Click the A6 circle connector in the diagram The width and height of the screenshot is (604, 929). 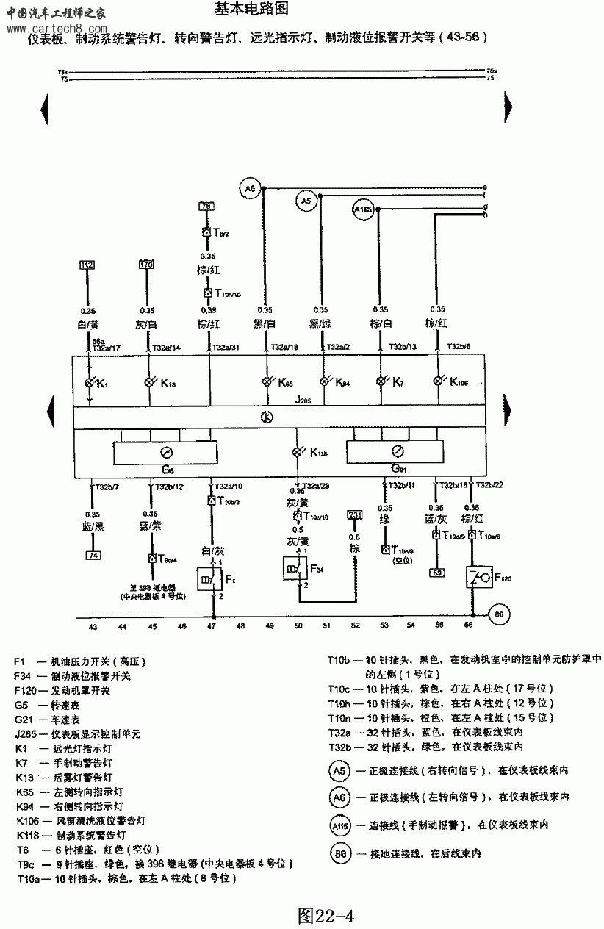click(x=250, y=189)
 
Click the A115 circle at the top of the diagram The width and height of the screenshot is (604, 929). click(x=364, y=210)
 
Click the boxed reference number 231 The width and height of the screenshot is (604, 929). click(x=355, y=514)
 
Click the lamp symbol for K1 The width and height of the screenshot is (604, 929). click(x=90, y=383)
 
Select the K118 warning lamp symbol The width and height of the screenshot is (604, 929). click(x=298, y=453)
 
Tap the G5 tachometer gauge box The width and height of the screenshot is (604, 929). click(x=165, y=453)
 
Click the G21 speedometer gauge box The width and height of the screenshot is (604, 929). click(x=397, y=453)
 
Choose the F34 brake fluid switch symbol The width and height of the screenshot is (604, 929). click(x=295, y=570)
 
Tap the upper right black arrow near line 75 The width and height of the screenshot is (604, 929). click(x=508, y=108)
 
